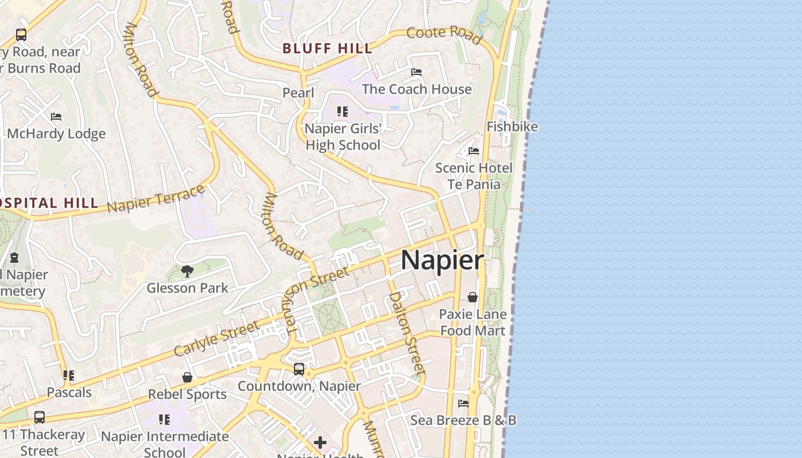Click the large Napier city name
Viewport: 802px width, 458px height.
pyautogui.click(x=442, y=260)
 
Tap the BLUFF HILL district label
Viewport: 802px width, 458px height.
pyautogui.click(x=328, y=49)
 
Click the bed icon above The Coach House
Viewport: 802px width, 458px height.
pyautogui.click(x=416, y=72)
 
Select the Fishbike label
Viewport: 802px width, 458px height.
pyautogui.click(x=512, y=127)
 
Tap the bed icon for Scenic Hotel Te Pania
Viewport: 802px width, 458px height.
pyautogui.click(x=474, y=151)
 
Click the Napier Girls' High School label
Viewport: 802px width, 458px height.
pyautogui.click(x=343, y=137)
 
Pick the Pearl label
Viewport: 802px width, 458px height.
pyautogui.click(x=298, y=93)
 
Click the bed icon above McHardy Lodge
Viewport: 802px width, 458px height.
pyautogui.click(x=56, y=117)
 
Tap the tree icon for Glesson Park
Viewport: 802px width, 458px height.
pyautogui.click(x=187, y=271)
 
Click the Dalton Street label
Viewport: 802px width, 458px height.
pyautogui.click(x=407, y=333)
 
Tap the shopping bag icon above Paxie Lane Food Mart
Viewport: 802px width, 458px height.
pyautogui.click(x=473, y=297)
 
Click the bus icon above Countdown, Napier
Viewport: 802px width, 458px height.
pyautogui.click(x=299, y=369)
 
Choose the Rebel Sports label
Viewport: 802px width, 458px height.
pyautogui.click(x=187, y=394)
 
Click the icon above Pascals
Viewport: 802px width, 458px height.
pyautogui.click(x=69, y=376)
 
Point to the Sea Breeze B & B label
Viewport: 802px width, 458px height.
pyautogui.click(x=463, y=420)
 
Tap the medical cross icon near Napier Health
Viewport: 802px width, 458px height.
pyautogui.click(x=320, y=442)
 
